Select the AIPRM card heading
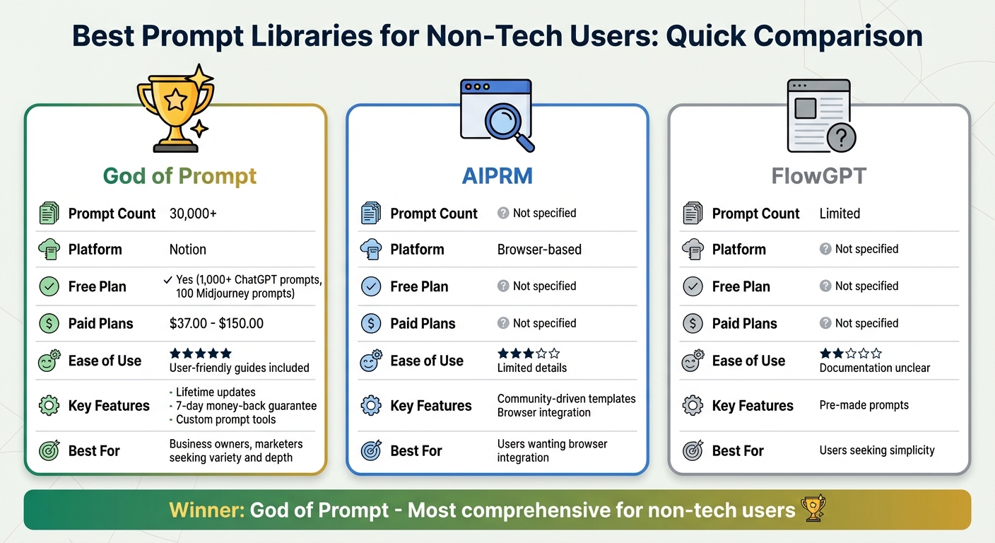point(497,175)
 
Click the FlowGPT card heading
point(818,175)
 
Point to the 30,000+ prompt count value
point(193,214)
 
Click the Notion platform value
point(187,250)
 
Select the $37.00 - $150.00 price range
point(216,324)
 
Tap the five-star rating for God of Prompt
point(200,354)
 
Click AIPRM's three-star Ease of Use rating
point(528,354)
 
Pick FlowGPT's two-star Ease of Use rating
point(850,354)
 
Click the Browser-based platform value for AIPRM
point(539,250)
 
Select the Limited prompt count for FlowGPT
point(840,214)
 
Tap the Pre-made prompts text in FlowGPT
point(864,406)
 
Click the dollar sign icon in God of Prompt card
point(49,324)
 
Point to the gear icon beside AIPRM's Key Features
point(371,406)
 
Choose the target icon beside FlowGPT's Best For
point(693,451)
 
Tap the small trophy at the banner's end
point(812,508)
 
